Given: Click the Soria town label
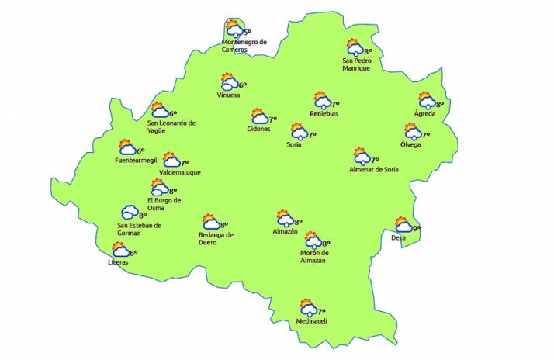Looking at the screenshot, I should (294, 144).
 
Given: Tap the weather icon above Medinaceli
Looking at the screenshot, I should (306, 307).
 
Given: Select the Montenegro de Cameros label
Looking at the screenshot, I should (244, 46).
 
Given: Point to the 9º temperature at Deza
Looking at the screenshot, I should (417, 228).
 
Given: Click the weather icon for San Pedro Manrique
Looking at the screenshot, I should (355, 48).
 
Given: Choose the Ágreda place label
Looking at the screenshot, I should (424, 114).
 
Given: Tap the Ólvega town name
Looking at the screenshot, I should (411, 144).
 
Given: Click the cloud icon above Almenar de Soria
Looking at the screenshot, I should (362, 157).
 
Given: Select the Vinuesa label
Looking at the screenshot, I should (229, 95).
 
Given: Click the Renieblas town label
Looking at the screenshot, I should (324, 113).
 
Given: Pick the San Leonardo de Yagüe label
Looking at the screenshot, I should (171, 126).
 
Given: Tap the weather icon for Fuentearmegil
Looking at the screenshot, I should (127, 147).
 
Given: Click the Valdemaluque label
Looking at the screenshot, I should (179, 172).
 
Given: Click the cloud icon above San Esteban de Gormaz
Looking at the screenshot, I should (129, 212).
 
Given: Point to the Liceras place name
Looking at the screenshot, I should (119, 262).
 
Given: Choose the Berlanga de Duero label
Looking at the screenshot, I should (216, 238).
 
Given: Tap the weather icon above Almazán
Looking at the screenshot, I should (285, 219).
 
